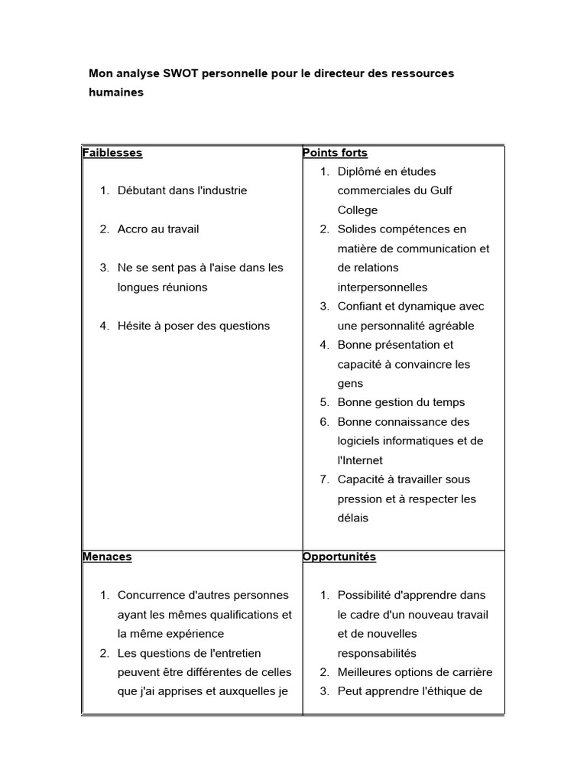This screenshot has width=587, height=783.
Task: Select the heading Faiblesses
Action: [112, 152]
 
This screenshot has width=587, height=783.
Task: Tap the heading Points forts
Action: [335, 152]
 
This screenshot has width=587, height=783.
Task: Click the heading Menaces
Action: [107, 557]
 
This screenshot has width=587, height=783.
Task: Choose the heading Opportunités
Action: [339, 557]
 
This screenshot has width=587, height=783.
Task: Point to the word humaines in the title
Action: [116, 93]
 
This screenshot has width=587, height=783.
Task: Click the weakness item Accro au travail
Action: [158, 229]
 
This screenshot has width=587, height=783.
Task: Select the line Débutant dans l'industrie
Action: [182, 190]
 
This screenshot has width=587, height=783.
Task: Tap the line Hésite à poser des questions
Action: [193, 326]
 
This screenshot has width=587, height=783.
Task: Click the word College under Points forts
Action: [358, 210]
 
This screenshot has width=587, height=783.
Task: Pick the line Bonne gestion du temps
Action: [401, 402]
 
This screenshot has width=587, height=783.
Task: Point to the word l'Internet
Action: [360, 460]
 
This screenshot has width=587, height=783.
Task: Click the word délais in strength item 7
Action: [353, 518]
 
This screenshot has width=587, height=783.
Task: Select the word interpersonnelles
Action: [382, 288]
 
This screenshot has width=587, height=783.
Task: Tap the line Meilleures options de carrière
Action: [415, 672]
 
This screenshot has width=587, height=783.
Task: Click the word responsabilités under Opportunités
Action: [377, 653]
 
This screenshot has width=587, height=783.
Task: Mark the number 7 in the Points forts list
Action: [324, 479]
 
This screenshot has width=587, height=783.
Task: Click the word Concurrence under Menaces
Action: [151, 595]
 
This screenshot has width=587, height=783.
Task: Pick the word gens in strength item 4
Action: [350, 383]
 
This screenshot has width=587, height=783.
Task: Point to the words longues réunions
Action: [162, 288]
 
